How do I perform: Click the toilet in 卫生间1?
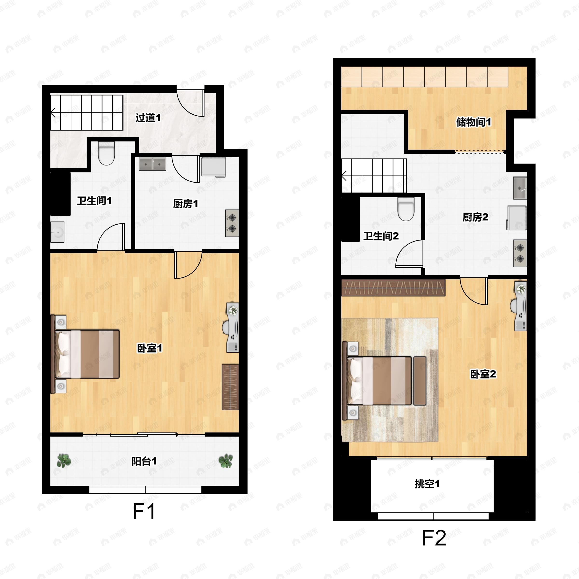point(106,153)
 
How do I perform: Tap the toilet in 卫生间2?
point(406,209)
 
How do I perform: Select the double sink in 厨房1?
point(152,164)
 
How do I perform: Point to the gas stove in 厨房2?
point(520,253)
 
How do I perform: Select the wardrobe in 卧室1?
point(230,387)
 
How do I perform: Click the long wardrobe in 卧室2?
point(393,288)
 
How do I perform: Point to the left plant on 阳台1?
point(64,461)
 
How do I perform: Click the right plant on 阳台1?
point(225,461)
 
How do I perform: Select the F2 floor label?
point(434,538)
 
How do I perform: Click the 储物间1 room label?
point(474,122)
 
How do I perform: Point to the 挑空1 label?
point(427,484)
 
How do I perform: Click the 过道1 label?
point(148,117)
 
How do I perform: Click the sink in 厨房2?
point(520,188)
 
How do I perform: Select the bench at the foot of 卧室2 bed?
point(420,381)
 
